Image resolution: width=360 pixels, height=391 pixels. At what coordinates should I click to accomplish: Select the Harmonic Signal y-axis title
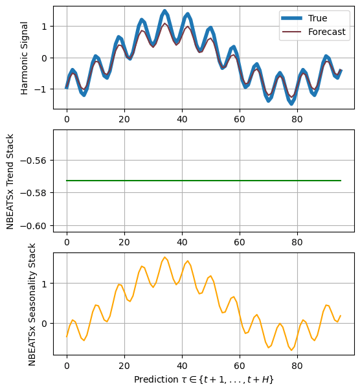[x=24, y=58]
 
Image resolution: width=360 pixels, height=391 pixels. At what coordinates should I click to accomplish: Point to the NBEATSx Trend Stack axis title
[x=10, y=181]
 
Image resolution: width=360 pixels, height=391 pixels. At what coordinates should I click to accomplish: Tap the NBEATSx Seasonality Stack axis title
[x=32, y=304]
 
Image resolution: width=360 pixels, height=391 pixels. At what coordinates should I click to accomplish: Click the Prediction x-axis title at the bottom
[x=204, y=379]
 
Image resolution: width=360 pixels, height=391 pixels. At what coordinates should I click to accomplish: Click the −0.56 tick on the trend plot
[x=33, y=161]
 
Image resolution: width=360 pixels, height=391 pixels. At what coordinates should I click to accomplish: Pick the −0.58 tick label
[x=33, y=193]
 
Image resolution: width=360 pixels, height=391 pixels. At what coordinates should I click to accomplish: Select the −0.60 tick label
[x=33, y=226]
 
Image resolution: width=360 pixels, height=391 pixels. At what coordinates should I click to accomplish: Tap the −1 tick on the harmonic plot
[x=40, y=89]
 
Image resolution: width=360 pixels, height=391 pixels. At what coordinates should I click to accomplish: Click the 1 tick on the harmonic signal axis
[x=44, y=27]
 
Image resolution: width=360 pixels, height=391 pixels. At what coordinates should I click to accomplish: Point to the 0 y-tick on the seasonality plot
[x=44, y=324]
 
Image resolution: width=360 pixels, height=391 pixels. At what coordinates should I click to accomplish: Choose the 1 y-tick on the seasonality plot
[x=44, y=284]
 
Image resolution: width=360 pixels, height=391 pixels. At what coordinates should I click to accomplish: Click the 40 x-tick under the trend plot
[x=182, y=242]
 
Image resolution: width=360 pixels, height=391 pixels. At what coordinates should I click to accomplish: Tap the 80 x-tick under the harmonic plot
[x=297, y=119]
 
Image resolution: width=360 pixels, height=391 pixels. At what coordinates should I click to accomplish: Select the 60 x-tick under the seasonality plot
[x=240, y=366]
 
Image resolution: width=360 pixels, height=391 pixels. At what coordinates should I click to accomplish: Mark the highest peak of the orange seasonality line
[x=164, y=257]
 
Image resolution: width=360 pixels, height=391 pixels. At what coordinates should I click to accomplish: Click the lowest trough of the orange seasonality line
[x=291, y=350]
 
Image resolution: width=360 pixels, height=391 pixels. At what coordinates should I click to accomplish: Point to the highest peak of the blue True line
[x=164, y=11]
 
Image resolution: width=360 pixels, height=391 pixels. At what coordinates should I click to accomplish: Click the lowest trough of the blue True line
[x=291, y=104]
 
